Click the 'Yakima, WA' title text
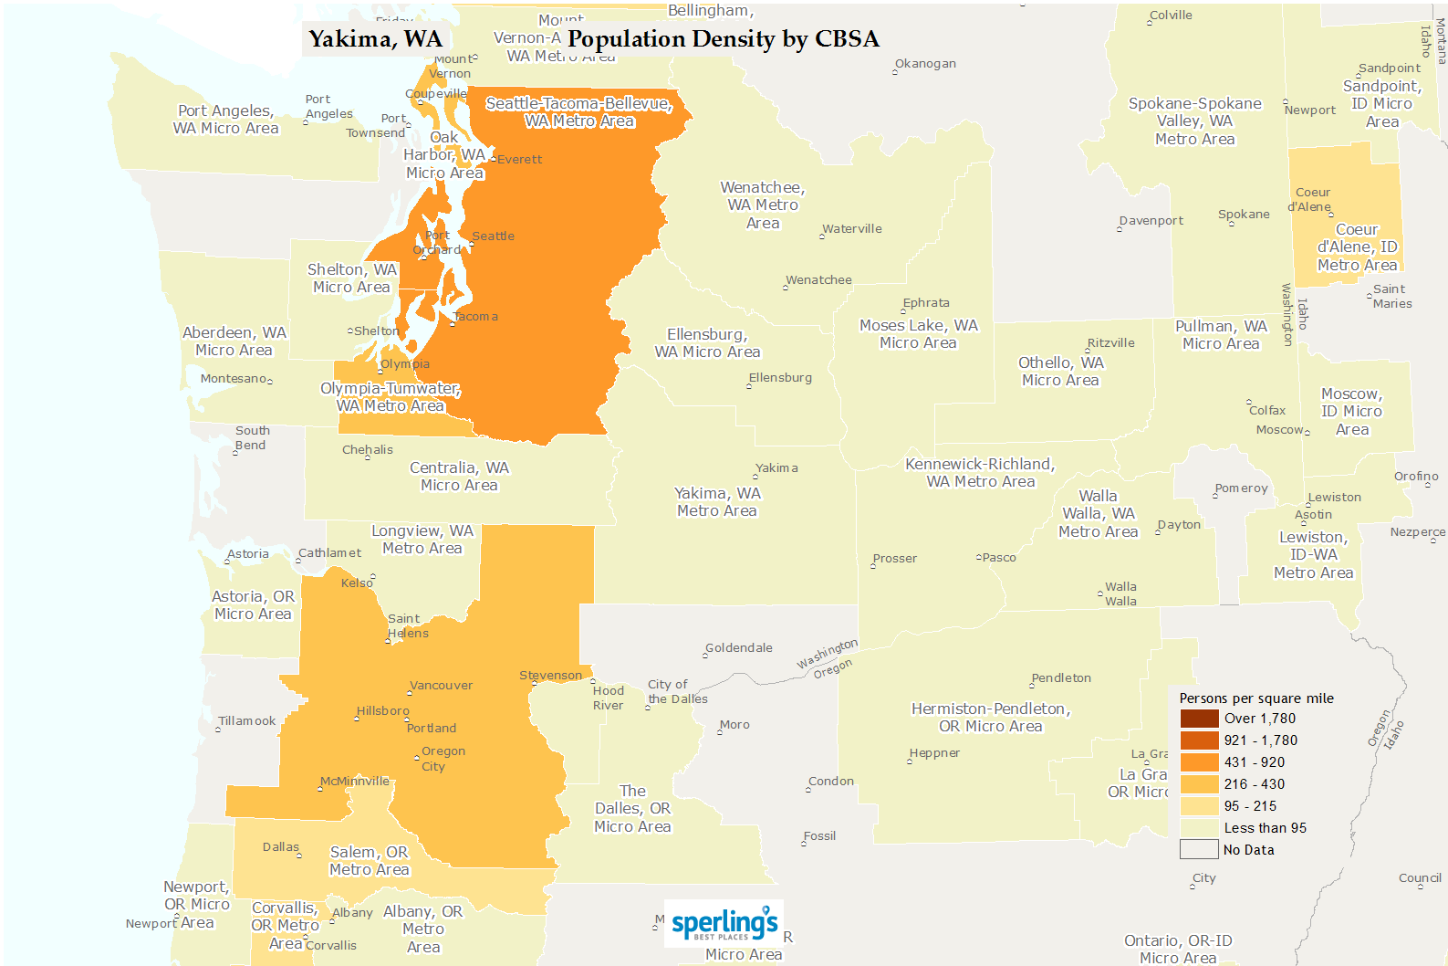(375, 39)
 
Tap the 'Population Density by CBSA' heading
(723, 39)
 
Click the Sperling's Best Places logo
(724, 923)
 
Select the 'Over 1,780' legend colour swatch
(1199, 719)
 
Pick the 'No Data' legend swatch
(1199, 850)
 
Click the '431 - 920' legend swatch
(1199, 762)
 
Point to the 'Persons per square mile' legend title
(1255, 698)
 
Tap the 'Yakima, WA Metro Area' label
(717, 502)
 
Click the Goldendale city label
(739, 648)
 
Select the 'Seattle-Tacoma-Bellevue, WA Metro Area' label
(579, 112)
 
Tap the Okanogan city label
(925, 64)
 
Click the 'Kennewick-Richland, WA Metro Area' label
(980, 473)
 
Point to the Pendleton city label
(1061, 678)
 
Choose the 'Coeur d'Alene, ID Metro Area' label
(1357, 247)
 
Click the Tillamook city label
(247, 721)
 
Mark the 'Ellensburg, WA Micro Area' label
(707, 343)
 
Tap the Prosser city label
(894, 559)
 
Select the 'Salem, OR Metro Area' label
(370, 861)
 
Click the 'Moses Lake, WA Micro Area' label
(918, 334)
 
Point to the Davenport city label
(1151, 221)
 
